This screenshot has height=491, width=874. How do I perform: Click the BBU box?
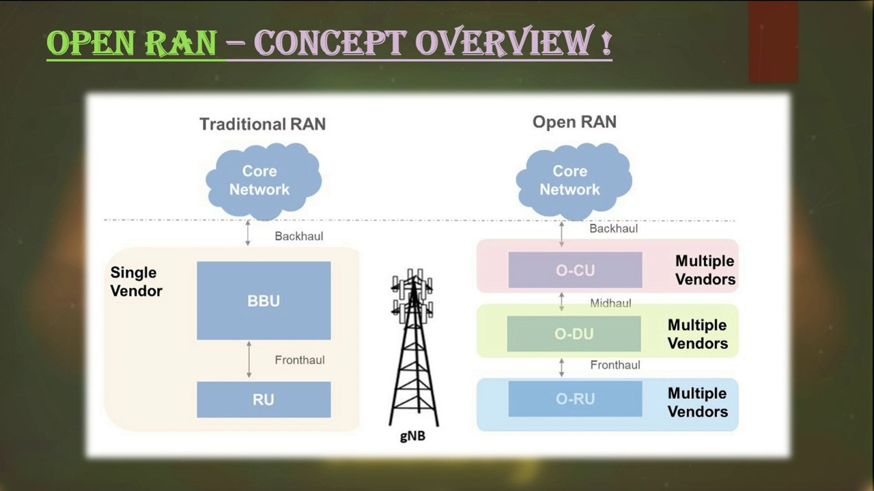point(264,301)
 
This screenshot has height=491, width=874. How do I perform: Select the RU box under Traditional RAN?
point(264,400)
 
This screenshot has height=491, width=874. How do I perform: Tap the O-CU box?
point(575,270)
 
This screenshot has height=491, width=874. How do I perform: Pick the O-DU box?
point(574,334)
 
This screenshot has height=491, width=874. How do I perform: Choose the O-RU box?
point(575,399)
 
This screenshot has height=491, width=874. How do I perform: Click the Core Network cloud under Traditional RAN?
point(262,180)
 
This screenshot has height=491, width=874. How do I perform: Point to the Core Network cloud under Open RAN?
point(572,180)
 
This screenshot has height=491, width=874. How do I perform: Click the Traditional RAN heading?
point(262,124)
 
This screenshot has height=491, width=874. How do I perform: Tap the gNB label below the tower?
point(412,436)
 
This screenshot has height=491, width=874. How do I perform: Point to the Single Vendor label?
point(137,282)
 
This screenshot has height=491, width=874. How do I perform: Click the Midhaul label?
point(610,303)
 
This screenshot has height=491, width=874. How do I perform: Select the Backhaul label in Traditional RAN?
point(298,237)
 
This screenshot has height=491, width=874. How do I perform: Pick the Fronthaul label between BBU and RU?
point(300,360)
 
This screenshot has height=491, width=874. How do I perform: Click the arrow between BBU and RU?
point(249,360)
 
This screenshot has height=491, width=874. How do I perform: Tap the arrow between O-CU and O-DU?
point(562,301)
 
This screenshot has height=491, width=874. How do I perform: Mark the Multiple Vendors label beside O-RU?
point(697,402)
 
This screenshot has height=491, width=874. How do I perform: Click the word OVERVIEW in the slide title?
point(504,44)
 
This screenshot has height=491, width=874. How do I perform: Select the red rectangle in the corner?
point(773,41)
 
